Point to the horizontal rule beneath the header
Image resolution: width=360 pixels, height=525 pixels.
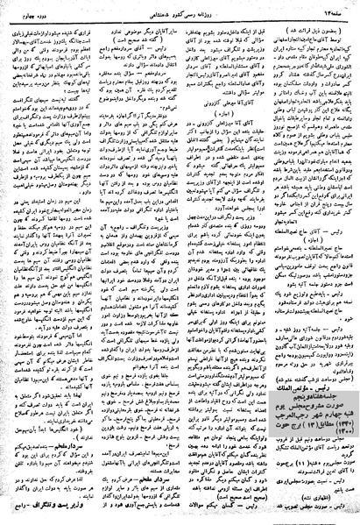click(180, 15)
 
